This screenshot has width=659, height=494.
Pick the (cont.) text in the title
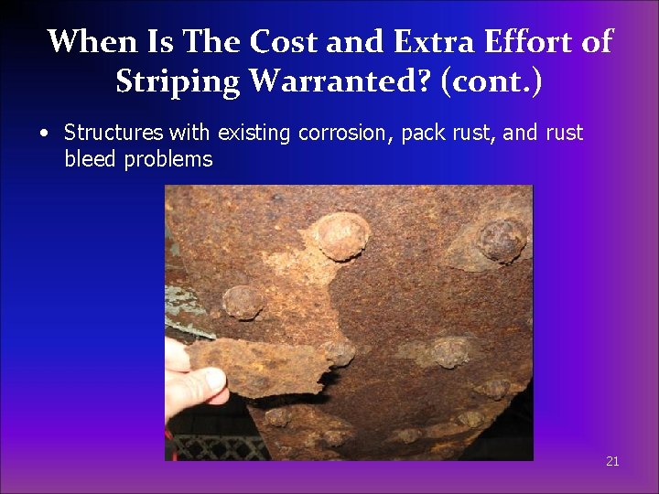point(491,81)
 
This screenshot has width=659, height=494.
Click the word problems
point(168,160)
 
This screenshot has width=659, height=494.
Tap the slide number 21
point(612,461)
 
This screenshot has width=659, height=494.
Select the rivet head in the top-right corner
point(501,240)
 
